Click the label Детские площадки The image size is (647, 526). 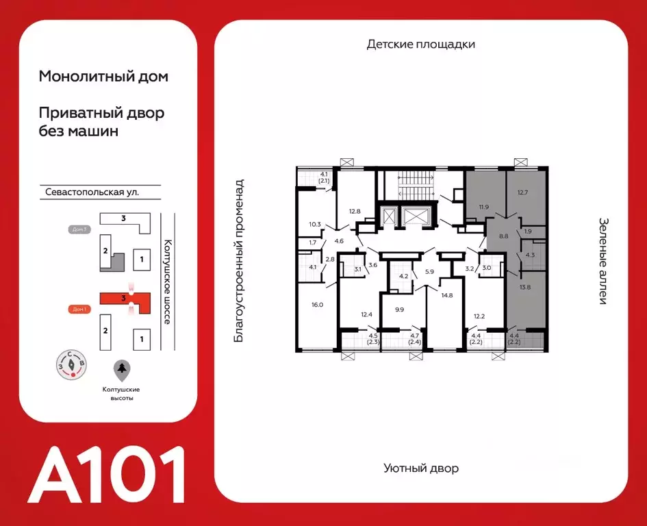pyautogui.click(x=420, y=45)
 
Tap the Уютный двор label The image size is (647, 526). pyautogui.click(x=420, y=468)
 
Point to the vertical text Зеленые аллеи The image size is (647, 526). pyautogui.click(x=603, y=261)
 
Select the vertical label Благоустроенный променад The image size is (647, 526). pyautogui.click(x=239, y=261)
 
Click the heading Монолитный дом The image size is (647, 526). pyautogui.click(x=103, y=77)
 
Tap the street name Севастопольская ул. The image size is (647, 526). pyautogui.click(x=89, y=192)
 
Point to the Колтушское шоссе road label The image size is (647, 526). pyautogui.click(x=166, y=281)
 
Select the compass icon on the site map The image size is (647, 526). pyautogui.click(x=72, y=364)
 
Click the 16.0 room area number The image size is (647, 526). pyautogui.click(x=316, y=305)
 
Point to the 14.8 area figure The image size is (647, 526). pyautogui.click(x=448, y=295)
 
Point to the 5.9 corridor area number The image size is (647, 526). pyautogui.click(x=429, y=272)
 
